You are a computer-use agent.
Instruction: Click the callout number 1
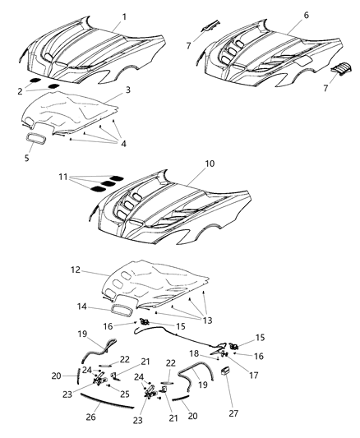coord(124,16)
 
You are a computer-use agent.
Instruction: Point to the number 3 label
coord(127,89)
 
